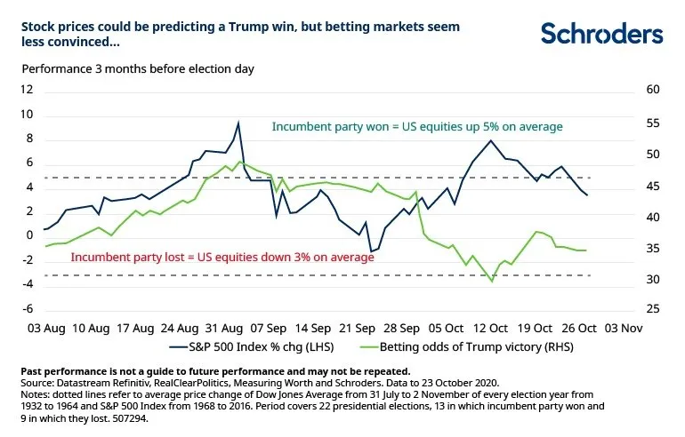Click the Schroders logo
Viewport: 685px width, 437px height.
coord(602,34)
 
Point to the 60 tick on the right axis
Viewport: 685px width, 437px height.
coord(654,90)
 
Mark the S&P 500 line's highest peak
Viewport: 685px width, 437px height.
coord(238,123)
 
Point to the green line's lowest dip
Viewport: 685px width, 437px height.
coord(492,282)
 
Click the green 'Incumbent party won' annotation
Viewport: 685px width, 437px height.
coord(417,127)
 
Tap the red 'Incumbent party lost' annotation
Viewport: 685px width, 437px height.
coord(222,257)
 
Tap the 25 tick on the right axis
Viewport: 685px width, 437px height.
coord(654,308)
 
